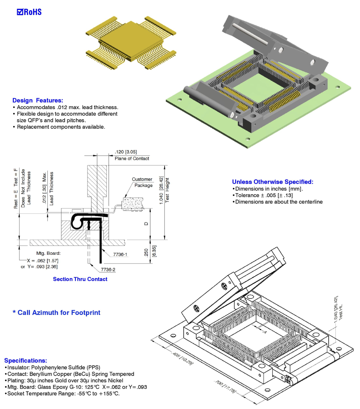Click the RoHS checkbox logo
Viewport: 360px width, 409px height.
point(29,12)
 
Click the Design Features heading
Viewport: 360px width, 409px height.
point(37,100)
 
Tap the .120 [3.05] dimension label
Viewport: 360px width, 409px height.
point(126,152)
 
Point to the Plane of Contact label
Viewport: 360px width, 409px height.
point(132,158)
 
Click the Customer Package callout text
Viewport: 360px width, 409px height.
point(142,182)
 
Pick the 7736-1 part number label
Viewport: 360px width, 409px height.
point(120,254)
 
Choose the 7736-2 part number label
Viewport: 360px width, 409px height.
point(108,269)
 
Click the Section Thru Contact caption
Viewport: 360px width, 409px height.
point(80,279)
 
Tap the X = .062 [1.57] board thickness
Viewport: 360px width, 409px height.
point(43,260)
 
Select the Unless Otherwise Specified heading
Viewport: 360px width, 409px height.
point(272,182)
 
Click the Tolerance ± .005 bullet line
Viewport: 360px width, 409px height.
point(264,195)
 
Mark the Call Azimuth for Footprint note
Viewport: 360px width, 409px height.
point(57,313)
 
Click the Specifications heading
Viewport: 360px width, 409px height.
point(25,361)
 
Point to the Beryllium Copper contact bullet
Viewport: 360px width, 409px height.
point(70,374)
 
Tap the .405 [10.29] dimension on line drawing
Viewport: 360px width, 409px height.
point(183,359)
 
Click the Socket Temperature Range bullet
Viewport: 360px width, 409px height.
point(63,393)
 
